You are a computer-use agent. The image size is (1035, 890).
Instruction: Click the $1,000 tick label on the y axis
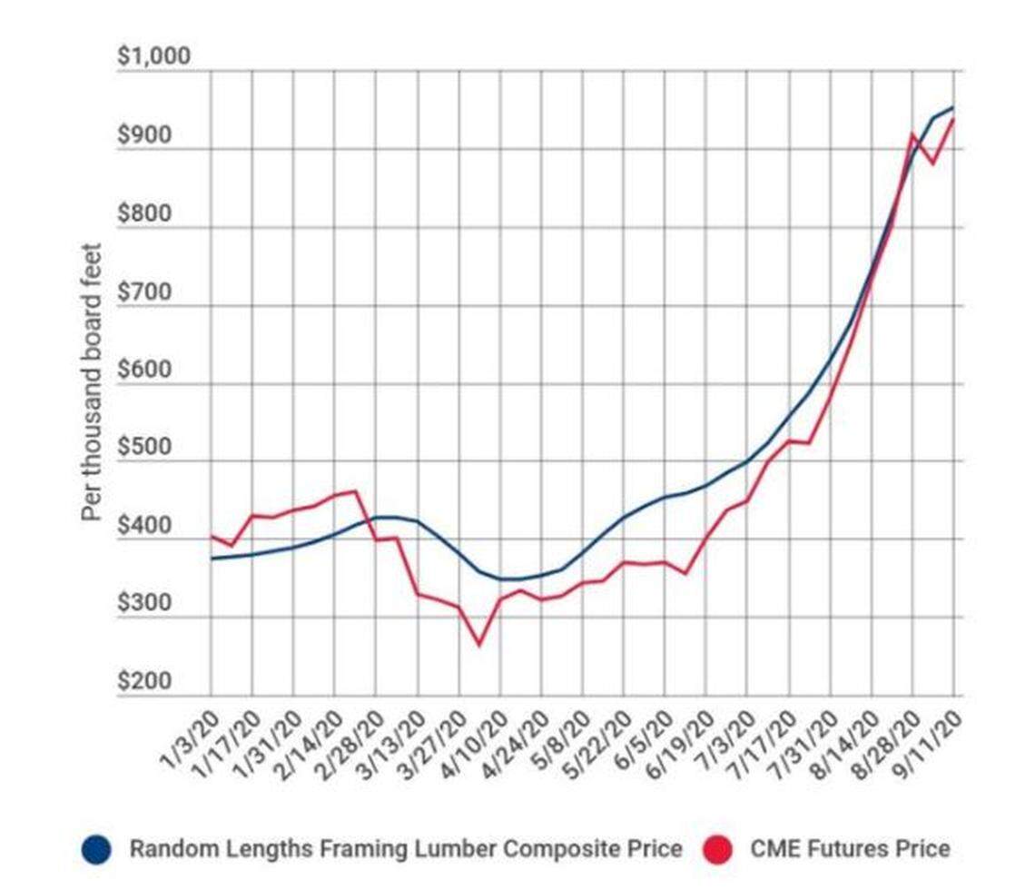[154, 57]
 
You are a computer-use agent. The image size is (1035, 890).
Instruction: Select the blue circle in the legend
[95, 850]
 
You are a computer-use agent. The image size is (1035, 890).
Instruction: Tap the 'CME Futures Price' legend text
[851, 849]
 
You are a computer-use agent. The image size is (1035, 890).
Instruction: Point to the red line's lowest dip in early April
[478, 646]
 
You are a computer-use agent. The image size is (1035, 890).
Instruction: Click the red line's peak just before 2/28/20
[354, 491]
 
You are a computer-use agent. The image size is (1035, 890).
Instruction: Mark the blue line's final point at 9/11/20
[953, 107]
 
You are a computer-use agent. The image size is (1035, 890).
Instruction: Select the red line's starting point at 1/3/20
[211, 536]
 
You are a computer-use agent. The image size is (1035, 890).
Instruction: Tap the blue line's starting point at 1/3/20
[211, 559]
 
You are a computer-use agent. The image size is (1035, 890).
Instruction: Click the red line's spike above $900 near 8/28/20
[912, 135]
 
